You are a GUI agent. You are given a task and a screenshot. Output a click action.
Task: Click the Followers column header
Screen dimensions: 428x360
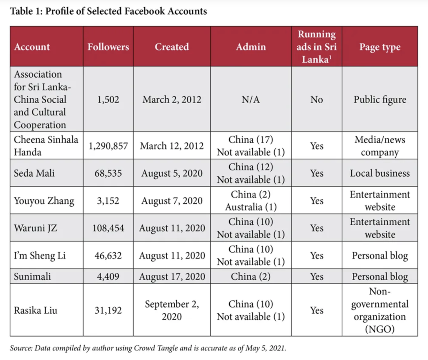point(108,47)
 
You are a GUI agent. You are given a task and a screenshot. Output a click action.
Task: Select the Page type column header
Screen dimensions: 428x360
point(380,47)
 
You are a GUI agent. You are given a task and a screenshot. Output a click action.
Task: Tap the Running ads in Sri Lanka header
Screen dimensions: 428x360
point(317,47)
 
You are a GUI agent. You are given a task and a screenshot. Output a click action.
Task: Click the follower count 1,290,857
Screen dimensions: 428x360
point(108,146)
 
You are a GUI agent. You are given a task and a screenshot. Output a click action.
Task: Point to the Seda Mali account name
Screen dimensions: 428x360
point(34,173)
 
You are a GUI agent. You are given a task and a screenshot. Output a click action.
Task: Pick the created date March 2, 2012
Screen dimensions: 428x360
point(172,99)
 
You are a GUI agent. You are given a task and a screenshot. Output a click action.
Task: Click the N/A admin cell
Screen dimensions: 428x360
point(251,99)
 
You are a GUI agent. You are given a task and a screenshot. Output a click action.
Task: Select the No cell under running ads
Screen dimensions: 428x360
point(317,99)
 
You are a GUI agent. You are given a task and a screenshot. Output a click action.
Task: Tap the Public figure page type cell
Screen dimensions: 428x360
point(380,100)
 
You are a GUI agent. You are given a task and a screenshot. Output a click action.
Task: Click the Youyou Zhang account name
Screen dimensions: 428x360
point(44,201)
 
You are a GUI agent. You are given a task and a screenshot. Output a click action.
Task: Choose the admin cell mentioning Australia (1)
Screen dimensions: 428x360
point(251,201)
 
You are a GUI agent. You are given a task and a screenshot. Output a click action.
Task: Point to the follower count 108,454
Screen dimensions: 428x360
point(108,228)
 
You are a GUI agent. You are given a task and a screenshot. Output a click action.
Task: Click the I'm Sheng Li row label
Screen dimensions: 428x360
point(40,256)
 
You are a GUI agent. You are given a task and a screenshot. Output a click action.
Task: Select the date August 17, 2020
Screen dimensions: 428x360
point(172,276)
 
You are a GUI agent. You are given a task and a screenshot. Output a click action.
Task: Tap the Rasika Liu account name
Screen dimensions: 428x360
point(36,310)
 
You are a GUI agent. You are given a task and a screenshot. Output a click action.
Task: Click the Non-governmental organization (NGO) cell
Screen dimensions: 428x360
point(380,310)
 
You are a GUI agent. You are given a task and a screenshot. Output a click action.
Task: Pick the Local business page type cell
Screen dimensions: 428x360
point(380,173)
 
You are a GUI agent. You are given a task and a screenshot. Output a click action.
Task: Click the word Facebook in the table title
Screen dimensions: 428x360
point(145,11)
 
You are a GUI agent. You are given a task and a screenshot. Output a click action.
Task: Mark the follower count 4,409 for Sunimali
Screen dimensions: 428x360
point(108,276)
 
